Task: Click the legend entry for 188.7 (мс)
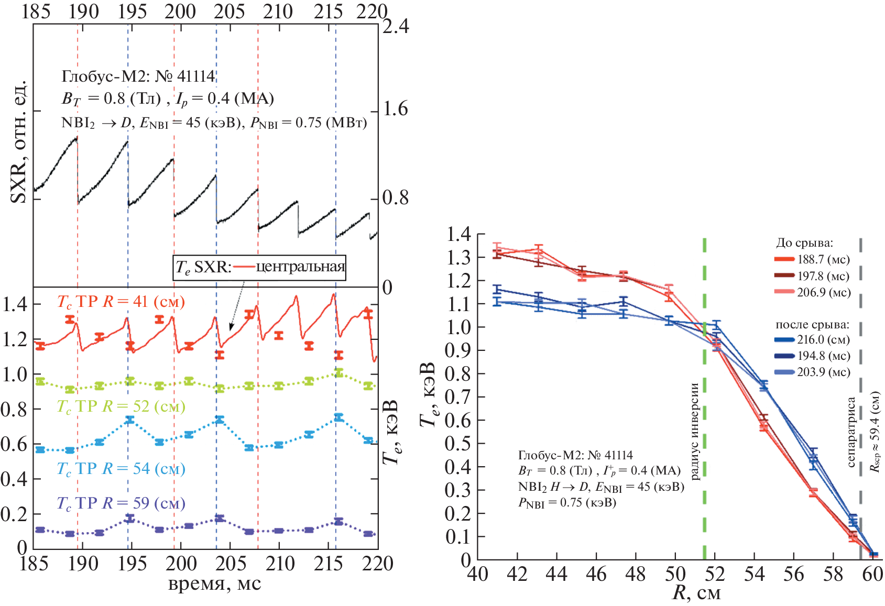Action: coord(812,259)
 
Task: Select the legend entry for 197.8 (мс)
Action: coord(812,276)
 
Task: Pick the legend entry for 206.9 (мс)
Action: coord(812,292)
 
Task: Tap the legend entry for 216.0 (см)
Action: coord(812,339)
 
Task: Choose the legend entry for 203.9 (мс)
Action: coord(812,372)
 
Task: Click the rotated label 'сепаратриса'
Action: coord(851,432)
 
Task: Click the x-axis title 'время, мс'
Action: coord(214,583)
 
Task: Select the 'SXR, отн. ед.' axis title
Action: coord(20,141)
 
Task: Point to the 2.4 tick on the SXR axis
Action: coord(396,26)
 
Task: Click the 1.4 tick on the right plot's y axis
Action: coord(458,234)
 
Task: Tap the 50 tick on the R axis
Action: coord(675,575)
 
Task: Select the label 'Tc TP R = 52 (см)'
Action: coord(121,406)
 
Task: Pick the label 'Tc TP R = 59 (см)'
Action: coord(121,503)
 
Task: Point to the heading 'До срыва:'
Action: coord(804,243)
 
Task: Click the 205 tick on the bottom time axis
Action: coord(231,564)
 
